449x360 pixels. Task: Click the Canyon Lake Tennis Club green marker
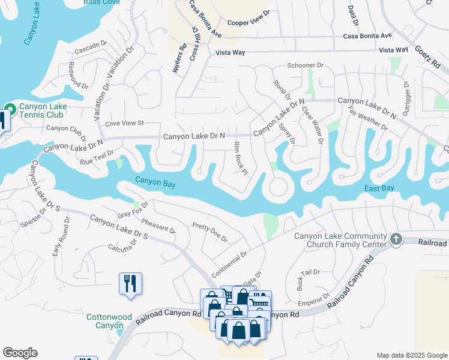pyautogui.click(x=10, y=110)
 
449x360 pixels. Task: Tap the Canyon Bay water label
pyautogui.click(x=155, y=183)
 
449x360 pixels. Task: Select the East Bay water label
pyautogui.click(x=379, y=188)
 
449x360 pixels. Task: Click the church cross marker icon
pyautogui.click(x=396, y=239)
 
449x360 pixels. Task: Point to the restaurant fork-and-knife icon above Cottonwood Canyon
pyautogui.click(x=131, y=283)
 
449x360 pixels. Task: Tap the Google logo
pyautogui.click(x=20, y=353)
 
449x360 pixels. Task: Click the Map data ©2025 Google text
pyautogui.click(x=411, y=355)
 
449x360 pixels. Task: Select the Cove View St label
pyautogui.click(x=125, y=123)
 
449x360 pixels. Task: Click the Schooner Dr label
pyautogui.click(x=306, y=65)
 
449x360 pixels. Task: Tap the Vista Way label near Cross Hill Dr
pyautogui.click(x=231, y=53)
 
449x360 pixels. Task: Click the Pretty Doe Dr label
pyautogui.click(x=209, y=232)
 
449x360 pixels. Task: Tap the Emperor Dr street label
pyautogui.click(x=315, y=298)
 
